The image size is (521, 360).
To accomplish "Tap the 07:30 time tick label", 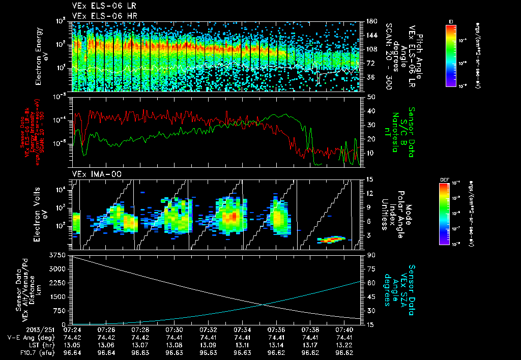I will (x=175, y=330).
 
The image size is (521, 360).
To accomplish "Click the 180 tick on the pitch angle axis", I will (x=371, y=21).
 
